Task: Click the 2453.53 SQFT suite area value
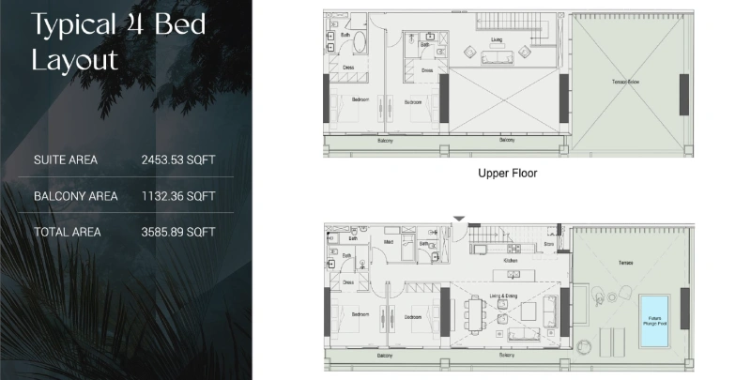tap(178, 160)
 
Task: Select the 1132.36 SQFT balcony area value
tap(178, 196)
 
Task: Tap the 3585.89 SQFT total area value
tap(178, 232)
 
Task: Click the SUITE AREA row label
tap(65, 160)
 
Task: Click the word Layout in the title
tap(75, 61)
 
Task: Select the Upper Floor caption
tap(507, 173)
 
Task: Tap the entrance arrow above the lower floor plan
tap(458, 220)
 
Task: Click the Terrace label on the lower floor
tap(625, 263)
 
